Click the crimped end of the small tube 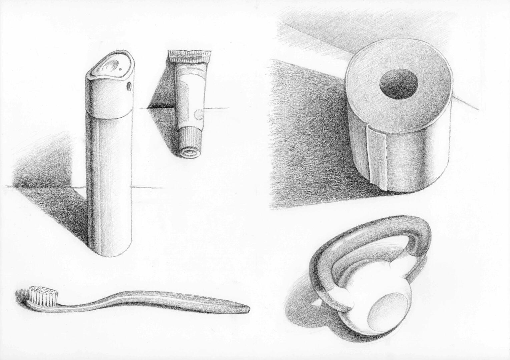tap(189, 54)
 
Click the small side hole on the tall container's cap tap(128, 86)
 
